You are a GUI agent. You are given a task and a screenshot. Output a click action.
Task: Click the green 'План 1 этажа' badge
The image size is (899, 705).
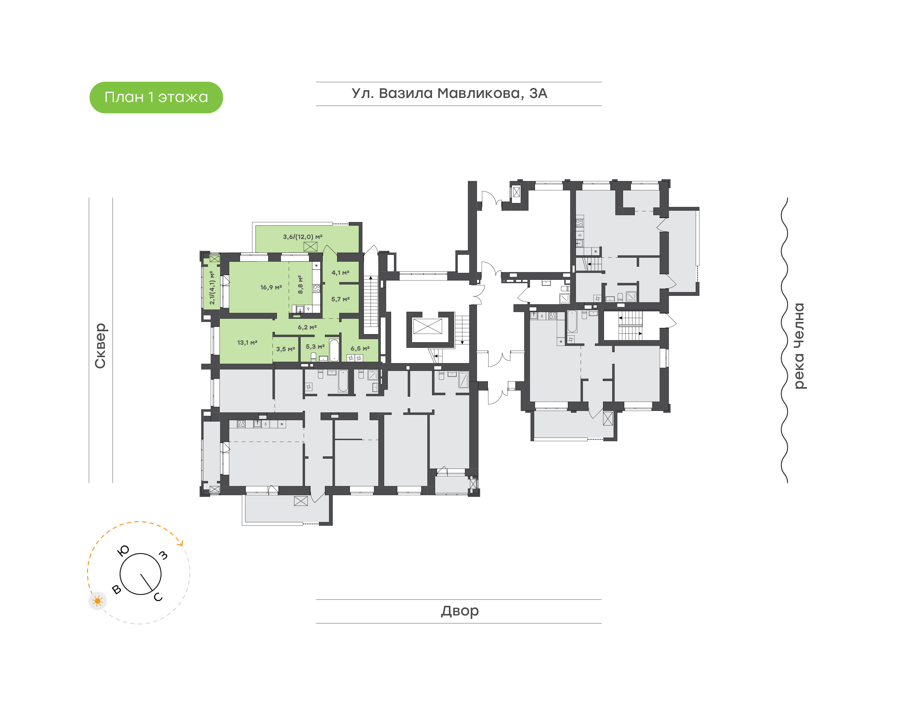[156, 97]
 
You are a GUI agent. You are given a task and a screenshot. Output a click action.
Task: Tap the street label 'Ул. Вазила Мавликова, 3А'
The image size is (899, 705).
[449, 94]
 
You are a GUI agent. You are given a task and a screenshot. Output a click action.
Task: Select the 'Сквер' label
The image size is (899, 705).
[100, 346]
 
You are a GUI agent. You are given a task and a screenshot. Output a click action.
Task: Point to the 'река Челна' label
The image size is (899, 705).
[799, 346]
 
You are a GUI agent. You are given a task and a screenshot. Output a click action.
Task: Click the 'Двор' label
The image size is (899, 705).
[459, 610]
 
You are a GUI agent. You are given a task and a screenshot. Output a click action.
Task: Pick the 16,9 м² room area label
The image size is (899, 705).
[271, 287]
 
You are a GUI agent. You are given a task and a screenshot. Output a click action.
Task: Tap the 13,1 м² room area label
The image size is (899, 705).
[247, 343]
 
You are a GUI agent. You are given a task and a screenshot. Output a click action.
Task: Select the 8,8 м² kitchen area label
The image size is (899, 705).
[300, 284]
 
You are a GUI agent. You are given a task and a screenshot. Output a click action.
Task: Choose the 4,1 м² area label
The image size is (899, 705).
[340, 273]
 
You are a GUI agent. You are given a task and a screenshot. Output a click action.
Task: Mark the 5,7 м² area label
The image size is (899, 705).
[340, 299]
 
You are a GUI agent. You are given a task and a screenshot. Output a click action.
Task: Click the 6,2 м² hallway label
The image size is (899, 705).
[307, 327]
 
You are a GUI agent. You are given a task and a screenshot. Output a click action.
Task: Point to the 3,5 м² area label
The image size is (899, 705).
[285, 349]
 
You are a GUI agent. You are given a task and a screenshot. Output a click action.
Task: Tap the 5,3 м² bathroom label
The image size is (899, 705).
[315, 347]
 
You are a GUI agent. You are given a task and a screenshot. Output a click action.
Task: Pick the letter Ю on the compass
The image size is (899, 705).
[123, 551]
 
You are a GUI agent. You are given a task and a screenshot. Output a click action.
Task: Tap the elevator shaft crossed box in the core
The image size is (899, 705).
[427, 326]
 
